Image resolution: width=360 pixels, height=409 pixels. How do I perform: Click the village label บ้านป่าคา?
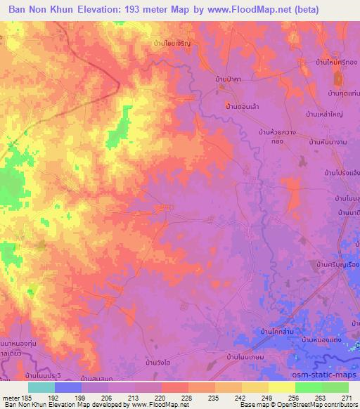click(230, 79)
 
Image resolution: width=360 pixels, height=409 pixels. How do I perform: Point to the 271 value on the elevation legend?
click(345, 397)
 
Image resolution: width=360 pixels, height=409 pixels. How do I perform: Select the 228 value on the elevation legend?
click(186, 397)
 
